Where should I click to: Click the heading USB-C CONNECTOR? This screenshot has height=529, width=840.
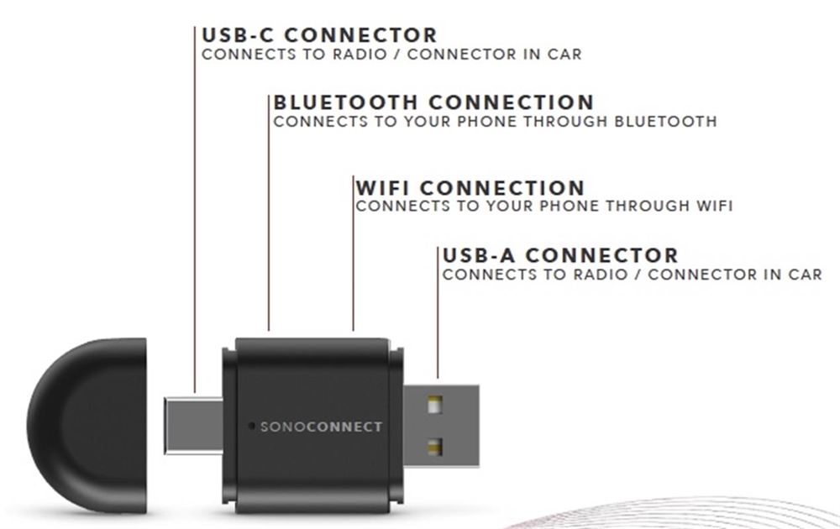319,36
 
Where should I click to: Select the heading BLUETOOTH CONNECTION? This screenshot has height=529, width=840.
433,103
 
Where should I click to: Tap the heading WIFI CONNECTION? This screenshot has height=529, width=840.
470,187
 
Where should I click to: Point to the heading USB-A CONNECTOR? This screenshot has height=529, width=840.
559,255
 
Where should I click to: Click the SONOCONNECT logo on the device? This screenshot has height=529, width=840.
321,427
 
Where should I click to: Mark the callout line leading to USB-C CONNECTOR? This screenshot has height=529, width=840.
195,210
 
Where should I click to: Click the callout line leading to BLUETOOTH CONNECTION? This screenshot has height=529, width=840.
269,218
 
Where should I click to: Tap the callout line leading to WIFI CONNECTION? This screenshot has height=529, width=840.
354,260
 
